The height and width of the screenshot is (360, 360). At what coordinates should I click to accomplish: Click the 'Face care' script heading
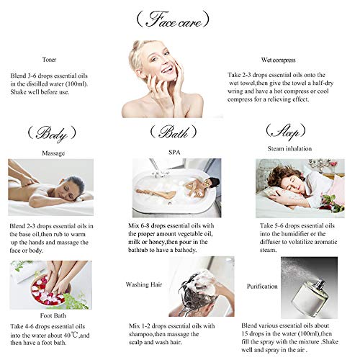pos(173,19)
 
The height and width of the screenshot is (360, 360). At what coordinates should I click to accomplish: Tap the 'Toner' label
pos(49,60)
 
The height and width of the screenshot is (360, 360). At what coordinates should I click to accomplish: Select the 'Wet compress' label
pos(278,60)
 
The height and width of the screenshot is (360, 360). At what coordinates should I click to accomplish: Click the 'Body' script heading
pos(52,134)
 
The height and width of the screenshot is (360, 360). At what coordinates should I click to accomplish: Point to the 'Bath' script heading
pos(174,132)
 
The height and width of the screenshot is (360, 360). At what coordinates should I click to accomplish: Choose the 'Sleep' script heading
pos(286,132)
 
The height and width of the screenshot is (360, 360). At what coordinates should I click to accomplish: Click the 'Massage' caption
pos(53,153)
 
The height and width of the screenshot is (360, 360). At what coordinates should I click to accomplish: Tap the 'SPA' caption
pos(174,152)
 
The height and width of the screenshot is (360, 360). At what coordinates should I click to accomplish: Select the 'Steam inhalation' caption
pos(289,148)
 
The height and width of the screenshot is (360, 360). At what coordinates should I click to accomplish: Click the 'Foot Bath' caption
pos(53,315)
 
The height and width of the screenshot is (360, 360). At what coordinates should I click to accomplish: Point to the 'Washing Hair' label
pos(144,284)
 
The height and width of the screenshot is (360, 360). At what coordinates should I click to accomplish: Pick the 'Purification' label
pos(262,287)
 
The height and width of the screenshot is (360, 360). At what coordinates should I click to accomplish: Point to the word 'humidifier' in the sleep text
pos(295,234)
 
